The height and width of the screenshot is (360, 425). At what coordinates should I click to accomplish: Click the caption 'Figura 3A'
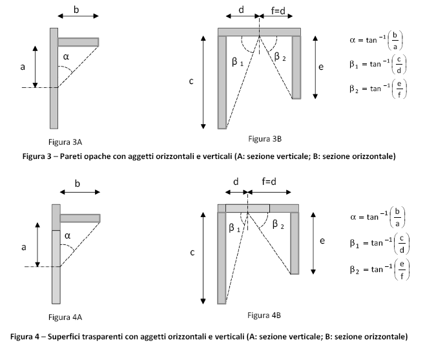[65, 142]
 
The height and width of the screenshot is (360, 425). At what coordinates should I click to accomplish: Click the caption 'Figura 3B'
[265, 138]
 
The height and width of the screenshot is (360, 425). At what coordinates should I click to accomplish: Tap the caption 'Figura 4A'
[65, 317]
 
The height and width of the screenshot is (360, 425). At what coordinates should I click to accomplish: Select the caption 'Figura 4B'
[264, 315]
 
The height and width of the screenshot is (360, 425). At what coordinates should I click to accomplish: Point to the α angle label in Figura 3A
[66, 56]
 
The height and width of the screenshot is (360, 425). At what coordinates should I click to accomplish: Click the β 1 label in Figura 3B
[238, 62]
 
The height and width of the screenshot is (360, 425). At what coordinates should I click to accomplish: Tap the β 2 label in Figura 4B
[278, 224]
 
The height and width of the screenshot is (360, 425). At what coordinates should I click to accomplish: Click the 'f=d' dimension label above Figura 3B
[278, 10]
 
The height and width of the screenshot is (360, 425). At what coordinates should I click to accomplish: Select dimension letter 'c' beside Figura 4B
[192, 253]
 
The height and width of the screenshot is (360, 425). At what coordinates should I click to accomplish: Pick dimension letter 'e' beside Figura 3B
[321, 67]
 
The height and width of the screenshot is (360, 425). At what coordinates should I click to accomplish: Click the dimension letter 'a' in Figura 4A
[24, 247]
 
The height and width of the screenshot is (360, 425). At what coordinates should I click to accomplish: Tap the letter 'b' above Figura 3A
[76, 10]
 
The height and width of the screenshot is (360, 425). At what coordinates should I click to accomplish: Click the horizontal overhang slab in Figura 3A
[78, 42]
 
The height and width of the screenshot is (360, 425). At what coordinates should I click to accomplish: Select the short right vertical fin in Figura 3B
[296, 67]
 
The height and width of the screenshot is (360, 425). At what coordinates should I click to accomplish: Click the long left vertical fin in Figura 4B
[222, 258]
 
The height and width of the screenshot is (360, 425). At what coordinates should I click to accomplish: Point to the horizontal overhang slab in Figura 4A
[80, 218]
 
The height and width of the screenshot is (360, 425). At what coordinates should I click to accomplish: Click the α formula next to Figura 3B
[376, 40]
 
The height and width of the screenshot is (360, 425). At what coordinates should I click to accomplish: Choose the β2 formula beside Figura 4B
[380, 270]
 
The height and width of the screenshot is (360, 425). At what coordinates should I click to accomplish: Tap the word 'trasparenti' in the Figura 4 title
[103, 337]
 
